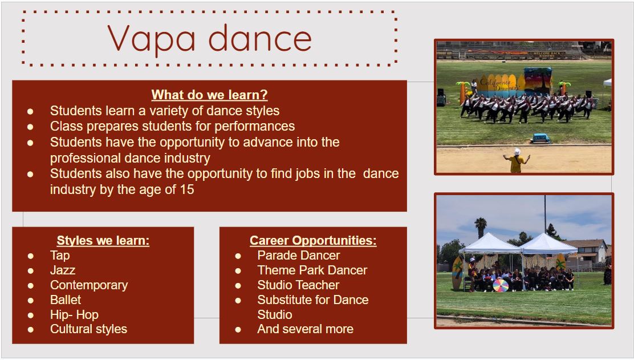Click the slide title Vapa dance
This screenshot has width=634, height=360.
(209, 38)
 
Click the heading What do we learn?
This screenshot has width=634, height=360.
(209, 95)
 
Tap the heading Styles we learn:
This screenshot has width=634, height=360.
(103, 240)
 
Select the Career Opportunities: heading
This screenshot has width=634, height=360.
(313, 240)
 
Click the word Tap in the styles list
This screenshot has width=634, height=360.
(60, 255)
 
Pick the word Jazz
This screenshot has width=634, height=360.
(63, 270)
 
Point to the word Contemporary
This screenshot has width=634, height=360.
(89, 285)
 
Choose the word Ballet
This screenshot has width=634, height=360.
(66, 300)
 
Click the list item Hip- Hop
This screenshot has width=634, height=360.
(74, 315)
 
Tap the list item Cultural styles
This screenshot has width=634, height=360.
(88, 329)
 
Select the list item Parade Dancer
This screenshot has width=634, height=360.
(298, 255)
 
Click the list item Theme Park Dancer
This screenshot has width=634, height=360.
(312, 270)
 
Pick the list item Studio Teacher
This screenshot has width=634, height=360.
(298, 285)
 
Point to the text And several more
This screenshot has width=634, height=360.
(305, 329)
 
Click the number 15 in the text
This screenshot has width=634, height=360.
(187, 189)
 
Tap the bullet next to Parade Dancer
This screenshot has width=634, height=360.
(238, 256)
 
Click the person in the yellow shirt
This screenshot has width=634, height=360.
(517, 160)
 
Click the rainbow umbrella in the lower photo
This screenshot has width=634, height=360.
(501, 285)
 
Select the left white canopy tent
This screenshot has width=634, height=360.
(490, 244)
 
